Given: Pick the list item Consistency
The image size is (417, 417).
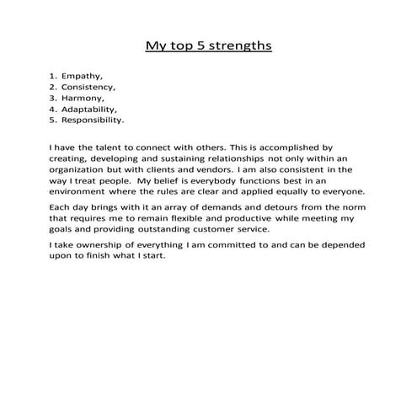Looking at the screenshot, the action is [90, 87].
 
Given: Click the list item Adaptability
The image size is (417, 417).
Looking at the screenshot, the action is [91, 109].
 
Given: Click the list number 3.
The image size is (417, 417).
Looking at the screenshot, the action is [52, 98].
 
